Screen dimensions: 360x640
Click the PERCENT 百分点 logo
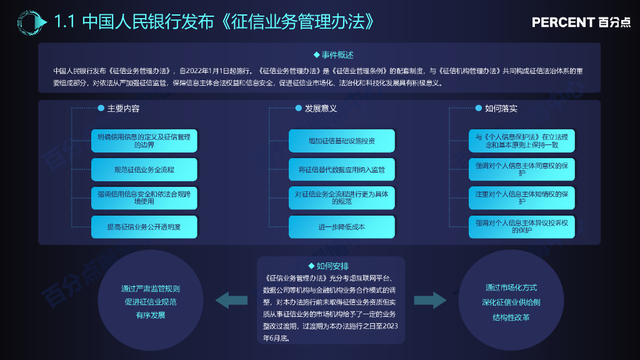581,22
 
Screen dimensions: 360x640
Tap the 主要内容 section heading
123,109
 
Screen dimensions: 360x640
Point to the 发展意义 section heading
321,109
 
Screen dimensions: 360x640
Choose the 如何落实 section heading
501,109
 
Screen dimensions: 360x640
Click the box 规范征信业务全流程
144,169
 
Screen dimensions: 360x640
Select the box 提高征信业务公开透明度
144,227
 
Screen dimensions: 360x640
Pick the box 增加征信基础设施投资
341,141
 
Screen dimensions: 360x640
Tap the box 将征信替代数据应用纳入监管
341,169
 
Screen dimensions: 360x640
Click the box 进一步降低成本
341,227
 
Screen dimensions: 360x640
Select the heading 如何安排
332,266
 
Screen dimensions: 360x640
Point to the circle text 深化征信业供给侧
511,302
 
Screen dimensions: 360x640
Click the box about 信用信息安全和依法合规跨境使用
144,197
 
